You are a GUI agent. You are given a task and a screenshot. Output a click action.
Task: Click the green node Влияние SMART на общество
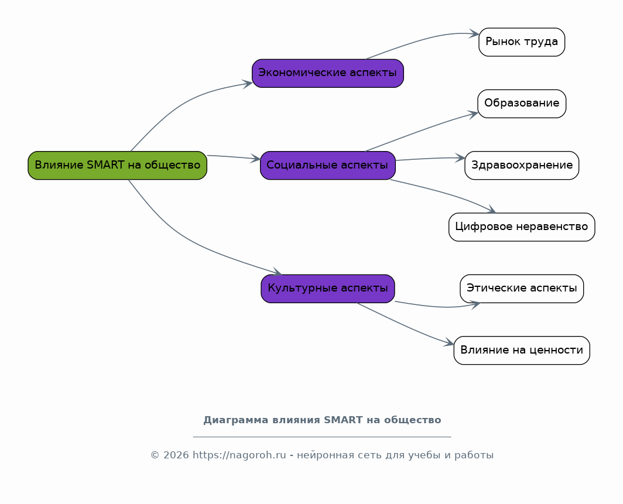[117, 165]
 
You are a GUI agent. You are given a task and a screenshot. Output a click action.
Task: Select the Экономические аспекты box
[327, 73]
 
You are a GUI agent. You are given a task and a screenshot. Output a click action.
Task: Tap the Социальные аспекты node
[327, 165]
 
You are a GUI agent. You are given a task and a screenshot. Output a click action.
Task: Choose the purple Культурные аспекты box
[327, 288]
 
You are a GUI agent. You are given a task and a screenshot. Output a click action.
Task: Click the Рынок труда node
[522, 42]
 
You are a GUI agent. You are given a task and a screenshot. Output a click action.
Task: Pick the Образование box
[522, 104]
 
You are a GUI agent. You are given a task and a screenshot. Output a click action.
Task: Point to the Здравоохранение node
[522, 165]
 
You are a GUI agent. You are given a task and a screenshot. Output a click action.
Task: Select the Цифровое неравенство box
[522, 227]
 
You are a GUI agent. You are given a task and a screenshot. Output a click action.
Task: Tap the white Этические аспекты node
[522, 288]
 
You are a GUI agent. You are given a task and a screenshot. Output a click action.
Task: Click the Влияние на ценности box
[522, 350]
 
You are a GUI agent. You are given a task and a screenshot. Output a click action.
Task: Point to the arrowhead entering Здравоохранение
[461, 157]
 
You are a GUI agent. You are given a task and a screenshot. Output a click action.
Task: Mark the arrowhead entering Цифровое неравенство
[492, 211]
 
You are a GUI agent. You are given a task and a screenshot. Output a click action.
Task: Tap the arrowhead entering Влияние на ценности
[450, 344]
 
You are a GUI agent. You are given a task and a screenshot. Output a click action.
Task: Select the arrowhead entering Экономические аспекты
[248, 83]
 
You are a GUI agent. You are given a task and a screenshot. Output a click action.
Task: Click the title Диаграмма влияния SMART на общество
[322, 420]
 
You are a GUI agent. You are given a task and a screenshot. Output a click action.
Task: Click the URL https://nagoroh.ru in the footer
[239, 455]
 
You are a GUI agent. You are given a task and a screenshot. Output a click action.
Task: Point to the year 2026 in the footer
[176, 455]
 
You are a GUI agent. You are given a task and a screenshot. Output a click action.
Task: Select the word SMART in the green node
[102, 165]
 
